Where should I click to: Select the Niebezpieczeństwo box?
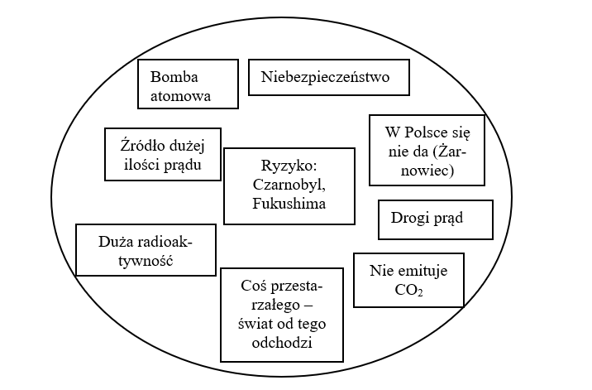pyautogui.click(x=330, y=78)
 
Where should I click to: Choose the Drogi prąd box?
pyautogui.click(x=435, y=219)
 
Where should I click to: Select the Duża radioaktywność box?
pyautogui.click(x=145, y=250)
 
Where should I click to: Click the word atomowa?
pyautogui.click(x=181, y=96)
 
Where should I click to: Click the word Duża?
pyautogui.click(x=114, y=242)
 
